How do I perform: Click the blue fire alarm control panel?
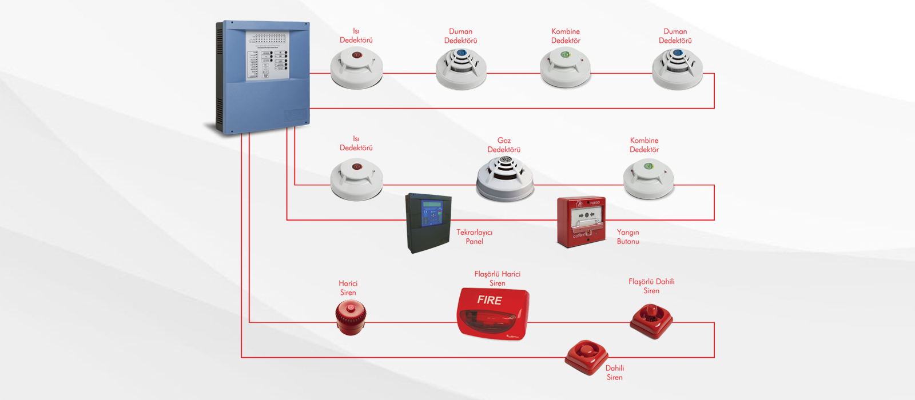pyautogui.click(x=262, y=77)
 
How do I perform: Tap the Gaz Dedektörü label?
pyautogui.click(x=504, y=145)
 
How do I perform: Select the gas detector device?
pyautogui.click(x=505, y=178)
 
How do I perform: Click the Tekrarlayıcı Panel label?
pyautogui.click(x=474, y=237)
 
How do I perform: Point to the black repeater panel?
pyautogui.click(x=428, y=223)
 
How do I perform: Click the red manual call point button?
pyautogui.click(x=581, y=222)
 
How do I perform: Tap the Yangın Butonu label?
pyautogui.click(x=628, y=237)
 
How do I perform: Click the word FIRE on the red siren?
pyautogui.click(x=490, y=300)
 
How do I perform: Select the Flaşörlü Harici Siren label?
pyautogui.click(x=498, y=278)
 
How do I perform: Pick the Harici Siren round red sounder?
pyautogui.click(x=351, y=318)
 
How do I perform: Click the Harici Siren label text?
pyautogui.click(x=348, y=288)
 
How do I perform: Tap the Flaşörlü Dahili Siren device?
pyautogui.click(x=651, y=321)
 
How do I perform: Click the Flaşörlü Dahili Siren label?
pyautogui.click(x=651, y=286)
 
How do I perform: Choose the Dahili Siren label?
pyautogui.click(x=615, y=373)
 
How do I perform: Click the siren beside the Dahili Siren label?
pyautogui.click(x=586, y=357)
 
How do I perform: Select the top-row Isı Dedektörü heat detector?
pyautogui.click(x=356, y=68)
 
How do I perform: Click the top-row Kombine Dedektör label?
pyautogui.click(x=566, y=36)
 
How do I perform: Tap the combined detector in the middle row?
pyautogui.click(x=649, y=178)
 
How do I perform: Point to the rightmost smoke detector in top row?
pyautogui.click(x=677, y=69)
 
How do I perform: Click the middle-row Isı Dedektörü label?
pyautogui.click(x=356, y=143)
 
